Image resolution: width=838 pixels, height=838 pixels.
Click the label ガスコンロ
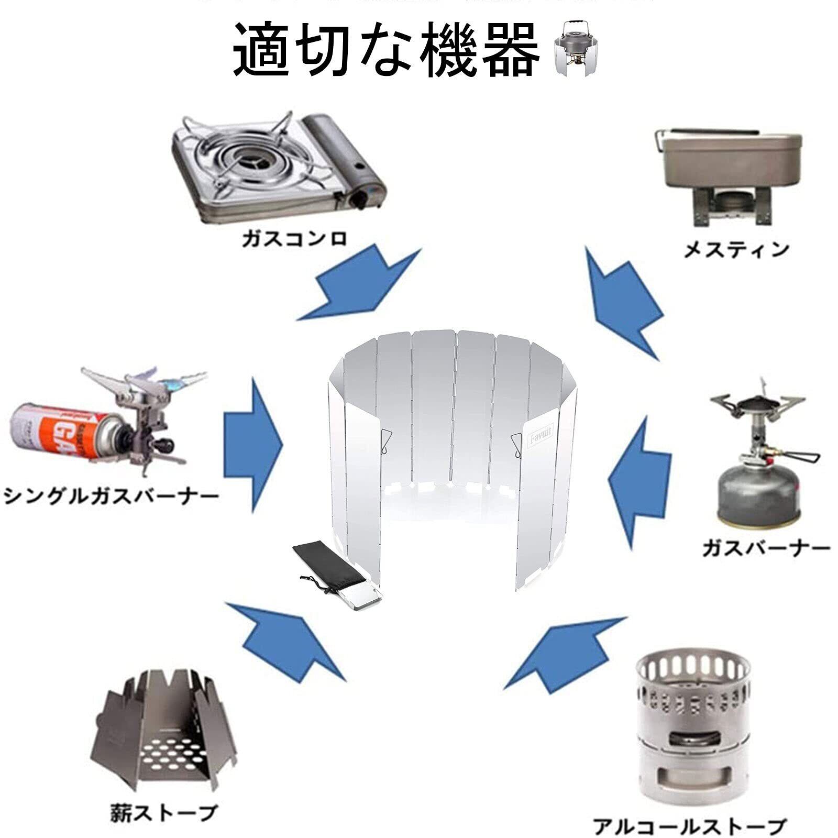coord(295,239)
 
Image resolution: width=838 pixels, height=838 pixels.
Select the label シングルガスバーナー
coord(111,495)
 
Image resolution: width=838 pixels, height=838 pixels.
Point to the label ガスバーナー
coord(766,549)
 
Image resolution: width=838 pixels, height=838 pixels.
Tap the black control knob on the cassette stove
coord(360,200)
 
